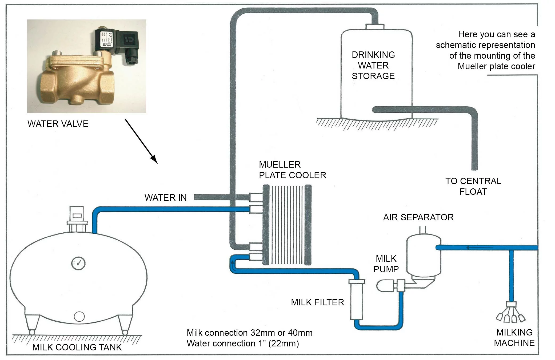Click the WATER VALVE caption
[58, 124]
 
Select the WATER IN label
[165, 198]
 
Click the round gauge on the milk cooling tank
[78, 263]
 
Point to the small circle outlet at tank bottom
[79, 317]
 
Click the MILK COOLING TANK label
[77, 347]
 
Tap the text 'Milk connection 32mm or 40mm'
[249, 333]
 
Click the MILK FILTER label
[317, 302]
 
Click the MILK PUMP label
[386, 264]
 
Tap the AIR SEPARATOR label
[418, 217]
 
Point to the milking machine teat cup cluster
[510, 314]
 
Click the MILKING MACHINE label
[514, 338]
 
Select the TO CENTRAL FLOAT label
[473, 187]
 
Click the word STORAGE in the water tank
[373, 76]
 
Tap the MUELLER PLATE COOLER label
[292, 170]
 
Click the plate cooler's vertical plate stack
[287, 225]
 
